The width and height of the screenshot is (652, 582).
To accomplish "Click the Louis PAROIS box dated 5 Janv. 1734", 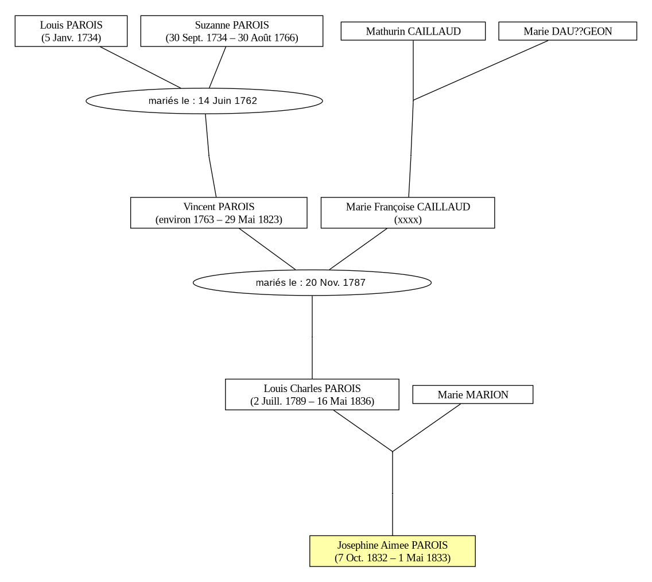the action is click(71, 31).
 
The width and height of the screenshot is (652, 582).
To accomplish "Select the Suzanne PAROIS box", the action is click(232, 31).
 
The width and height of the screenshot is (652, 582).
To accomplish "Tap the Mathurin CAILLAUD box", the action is click(413, 31).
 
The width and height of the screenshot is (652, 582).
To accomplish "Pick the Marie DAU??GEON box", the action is click(568, 31).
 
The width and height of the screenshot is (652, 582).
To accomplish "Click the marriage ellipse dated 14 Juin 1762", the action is click(204, 100).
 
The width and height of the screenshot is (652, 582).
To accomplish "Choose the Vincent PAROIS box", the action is click(219, 213).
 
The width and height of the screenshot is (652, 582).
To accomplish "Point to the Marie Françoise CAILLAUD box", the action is click(408, 213).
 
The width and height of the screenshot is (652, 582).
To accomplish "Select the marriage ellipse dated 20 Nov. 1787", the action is click(312, 283).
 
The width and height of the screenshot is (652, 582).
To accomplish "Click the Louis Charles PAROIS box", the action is click(312, 394).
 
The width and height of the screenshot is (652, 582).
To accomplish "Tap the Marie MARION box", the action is click(473, 394).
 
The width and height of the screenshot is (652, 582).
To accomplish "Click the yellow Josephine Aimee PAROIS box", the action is click(393, 551).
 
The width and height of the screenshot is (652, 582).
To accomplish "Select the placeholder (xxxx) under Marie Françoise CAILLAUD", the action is click(408, 219).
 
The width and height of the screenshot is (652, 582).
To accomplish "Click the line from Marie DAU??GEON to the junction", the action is click(481, 70).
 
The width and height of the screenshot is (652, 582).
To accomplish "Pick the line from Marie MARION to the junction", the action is click(426, 428).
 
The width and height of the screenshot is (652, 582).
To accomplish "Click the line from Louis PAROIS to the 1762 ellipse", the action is click(140, 67).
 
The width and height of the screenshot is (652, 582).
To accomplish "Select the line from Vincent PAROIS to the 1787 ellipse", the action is click(267, 249).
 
